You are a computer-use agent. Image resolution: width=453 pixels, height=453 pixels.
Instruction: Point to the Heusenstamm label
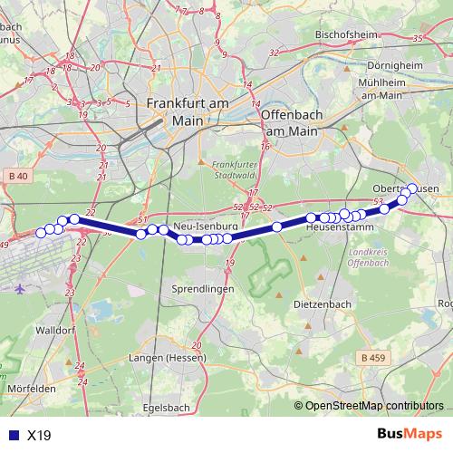tap(334, 227)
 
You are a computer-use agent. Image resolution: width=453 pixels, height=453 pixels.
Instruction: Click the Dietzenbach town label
tap(323, 305)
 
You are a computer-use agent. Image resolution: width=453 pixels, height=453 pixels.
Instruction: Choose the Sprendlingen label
tap(203, 288)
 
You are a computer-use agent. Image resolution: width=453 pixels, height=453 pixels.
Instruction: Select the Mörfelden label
tap(31, 388)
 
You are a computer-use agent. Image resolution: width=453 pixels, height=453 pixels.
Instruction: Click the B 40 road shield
tap(18, 175)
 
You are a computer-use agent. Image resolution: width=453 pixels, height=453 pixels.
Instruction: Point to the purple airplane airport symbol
tap(20, 288)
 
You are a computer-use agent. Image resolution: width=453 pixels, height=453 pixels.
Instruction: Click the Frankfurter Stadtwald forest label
tap(229, 170)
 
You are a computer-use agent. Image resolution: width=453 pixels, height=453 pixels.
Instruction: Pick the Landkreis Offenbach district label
tap(367, 257)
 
